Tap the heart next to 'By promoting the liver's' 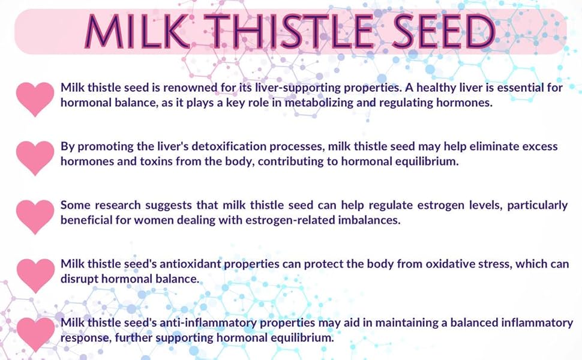pos(35,157)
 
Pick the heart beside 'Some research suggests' pos(35,216)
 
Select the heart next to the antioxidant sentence pos(35,275)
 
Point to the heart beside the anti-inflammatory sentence pos(35,334)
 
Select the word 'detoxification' pos(213,147)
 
